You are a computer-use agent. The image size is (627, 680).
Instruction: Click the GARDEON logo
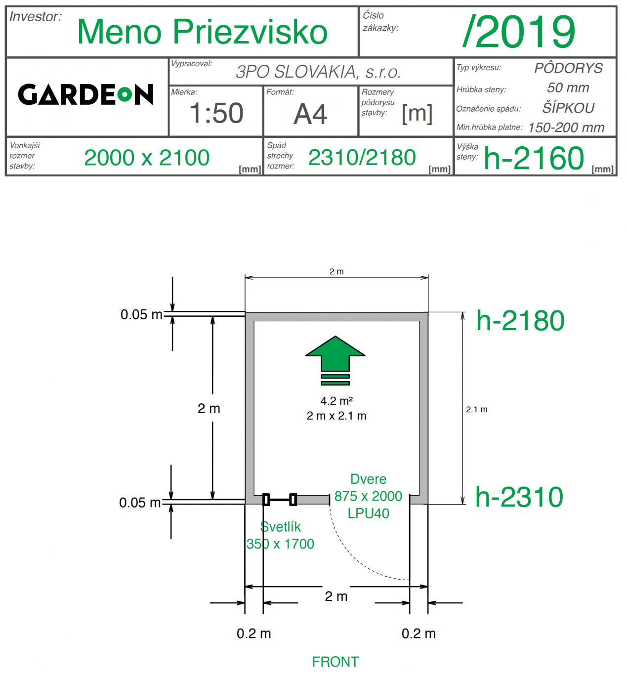tap(85, 94)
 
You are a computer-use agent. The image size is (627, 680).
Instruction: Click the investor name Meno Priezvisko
tap(203, 32)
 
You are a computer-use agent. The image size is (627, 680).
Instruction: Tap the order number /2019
tap(519, 32)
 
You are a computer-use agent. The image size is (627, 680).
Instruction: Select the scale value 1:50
tap(216, 113)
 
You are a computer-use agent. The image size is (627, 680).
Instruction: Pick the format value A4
tap(310, 114)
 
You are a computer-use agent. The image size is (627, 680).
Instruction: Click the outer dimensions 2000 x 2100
tap(147, 158)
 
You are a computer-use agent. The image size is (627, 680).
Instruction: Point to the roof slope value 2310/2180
tap(362, 158)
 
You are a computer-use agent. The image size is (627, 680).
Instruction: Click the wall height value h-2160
tap(534, 158)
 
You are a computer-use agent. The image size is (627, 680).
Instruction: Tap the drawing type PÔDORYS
tap(568, 68)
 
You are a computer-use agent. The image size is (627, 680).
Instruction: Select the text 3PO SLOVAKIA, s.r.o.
tap(318, 72)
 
